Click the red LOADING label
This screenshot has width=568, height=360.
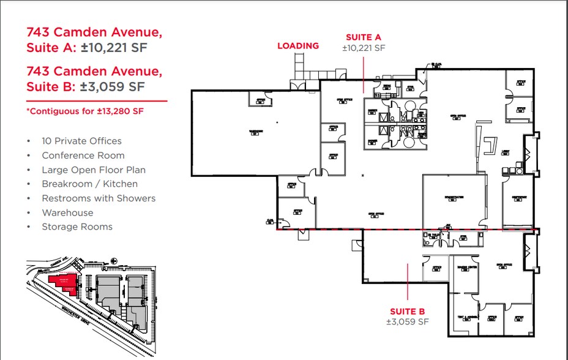[x=298, y=45]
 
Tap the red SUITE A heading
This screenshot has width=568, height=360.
[x=364, y=37]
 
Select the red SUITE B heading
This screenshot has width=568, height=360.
[x=407, y=310]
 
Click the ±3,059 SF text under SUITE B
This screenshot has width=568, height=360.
[x=407, y=321]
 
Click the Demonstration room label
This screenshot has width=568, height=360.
[x=454, y=198]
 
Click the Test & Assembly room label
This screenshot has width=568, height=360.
[x=466, y=318]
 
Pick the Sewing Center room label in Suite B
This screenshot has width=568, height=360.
[x=465, y=268]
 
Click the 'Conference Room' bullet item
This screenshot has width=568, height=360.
[x=83, y=156]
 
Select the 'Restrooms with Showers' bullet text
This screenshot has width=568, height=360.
[x=99, y=198]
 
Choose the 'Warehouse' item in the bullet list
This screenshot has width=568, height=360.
[x=67, y=212]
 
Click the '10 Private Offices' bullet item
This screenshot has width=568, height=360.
[x=81, y=141]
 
